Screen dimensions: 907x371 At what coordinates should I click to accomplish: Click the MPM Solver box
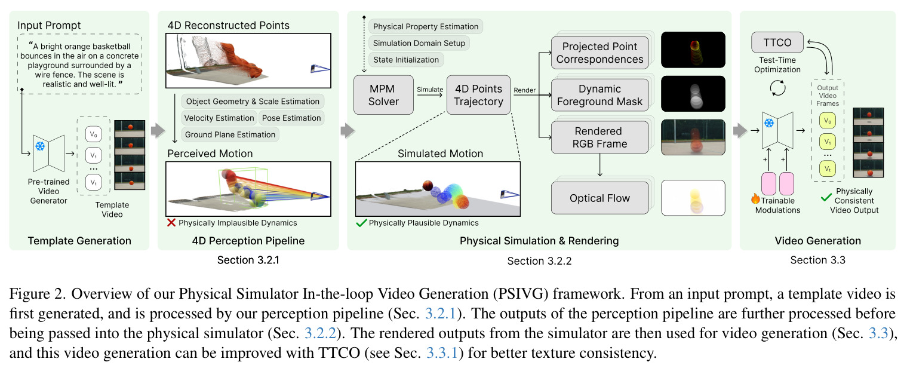[x=383, y=95]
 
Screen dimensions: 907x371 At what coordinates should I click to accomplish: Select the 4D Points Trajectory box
[x=478, y=95]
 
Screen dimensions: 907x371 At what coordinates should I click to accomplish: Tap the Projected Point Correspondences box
[x=599, y=53]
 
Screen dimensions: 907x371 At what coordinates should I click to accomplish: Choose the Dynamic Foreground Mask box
[x=599, y=95]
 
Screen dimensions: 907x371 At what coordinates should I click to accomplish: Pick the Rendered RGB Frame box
[x=599, y=137]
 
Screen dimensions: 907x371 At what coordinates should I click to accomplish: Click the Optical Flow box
[x=599, y=198]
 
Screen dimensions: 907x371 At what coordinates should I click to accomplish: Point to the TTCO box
[x=777, y=42]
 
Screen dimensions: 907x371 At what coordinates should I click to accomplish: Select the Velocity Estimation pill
[x=219, y=118]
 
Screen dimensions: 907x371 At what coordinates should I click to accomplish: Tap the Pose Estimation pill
[x=291, y=118]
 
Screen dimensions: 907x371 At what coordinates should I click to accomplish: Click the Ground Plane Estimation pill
[x=230, y=134]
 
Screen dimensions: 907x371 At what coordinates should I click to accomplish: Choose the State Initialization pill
[x=406, y=60]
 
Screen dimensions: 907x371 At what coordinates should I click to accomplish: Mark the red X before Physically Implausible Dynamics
[x=171, y=223]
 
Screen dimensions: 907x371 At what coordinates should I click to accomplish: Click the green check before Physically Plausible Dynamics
[x=361, y=223]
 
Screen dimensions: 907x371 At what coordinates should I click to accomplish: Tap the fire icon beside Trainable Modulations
[x=755, y=198]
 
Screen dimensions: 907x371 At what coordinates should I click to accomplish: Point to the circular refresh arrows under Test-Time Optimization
[x=777, y=88]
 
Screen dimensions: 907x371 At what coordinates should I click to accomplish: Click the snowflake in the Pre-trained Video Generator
[x=40, y=146]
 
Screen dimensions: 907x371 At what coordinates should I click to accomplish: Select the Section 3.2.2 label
[x=539, y=261]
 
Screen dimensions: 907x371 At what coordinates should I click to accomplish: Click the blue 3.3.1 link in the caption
[x=442, y=352]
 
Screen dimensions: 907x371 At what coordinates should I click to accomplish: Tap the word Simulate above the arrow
[x=430, y=90]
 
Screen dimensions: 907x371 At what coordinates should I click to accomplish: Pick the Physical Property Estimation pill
[x=426, y=26]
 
